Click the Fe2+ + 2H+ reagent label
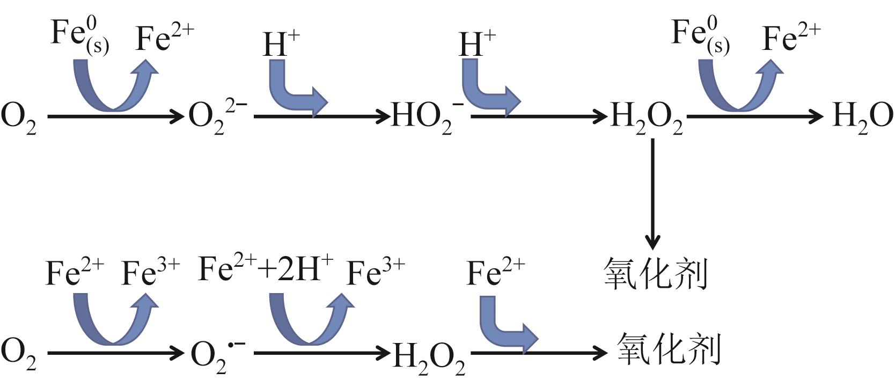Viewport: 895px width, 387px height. click(266, 269)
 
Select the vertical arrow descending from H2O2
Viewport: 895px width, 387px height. click(652, 193)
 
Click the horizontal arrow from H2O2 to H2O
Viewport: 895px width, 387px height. click(754, 116)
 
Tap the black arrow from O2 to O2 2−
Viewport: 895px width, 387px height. click(115, 116)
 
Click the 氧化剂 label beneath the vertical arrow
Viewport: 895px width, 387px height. click(656, 273)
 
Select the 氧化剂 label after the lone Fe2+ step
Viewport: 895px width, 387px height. click(668, 349)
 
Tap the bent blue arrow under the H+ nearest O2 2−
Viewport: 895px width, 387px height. click(295, 88)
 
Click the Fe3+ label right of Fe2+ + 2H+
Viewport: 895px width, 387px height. click(376, 272)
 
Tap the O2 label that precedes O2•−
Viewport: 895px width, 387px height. click(19, 355)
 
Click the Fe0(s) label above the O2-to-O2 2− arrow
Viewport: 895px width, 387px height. click(79, 35)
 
